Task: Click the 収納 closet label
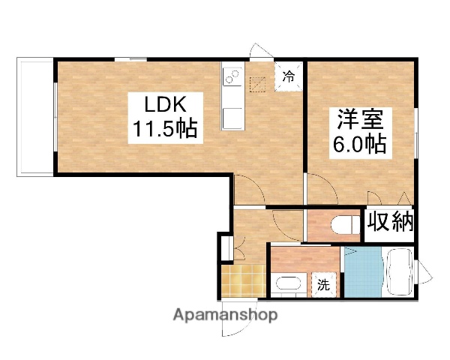[390, 223]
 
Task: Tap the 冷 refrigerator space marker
[289, 75]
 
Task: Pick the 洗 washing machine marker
[322, 284]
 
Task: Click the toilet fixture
[346, 224]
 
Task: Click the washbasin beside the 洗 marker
[288, 286]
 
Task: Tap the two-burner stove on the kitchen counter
[231, 77]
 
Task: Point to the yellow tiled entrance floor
[242, 280]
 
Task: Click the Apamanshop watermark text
[225, 315]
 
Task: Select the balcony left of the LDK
[34, 116]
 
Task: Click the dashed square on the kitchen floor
[259, 82]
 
